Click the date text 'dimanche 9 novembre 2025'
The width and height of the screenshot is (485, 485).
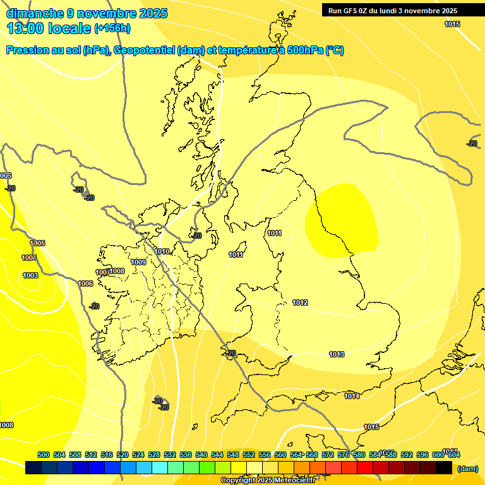87,13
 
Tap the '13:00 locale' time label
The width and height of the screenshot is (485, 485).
49,28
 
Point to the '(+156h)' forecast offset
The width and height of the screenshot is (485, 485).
112,28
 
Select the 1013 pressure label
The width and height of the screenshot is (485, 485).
337,354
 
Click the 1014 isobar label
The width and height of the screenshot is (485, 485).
352,396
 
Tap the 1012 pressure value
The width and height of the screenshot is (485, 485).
300,303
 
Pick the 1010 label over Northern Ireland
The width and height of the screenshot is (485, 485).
162,251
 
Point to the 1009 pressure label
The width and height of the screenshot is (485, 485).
139,262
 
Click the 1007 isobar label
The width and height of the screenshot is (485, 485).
102,272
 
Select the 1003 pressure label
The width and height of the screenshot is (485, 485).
30,275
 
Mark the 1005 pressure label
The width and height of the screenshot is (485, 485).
38,243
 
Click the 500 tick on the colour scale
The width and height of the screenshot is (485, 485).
44,455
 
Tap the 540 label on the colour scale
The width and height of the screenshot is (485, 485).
201,455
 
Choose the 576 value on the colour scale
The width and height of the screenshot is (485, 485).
344,455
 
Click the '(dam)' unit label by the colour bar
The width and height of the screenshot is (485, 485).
467,469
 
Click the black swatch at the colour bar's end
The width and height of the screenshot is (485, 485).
444,468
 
